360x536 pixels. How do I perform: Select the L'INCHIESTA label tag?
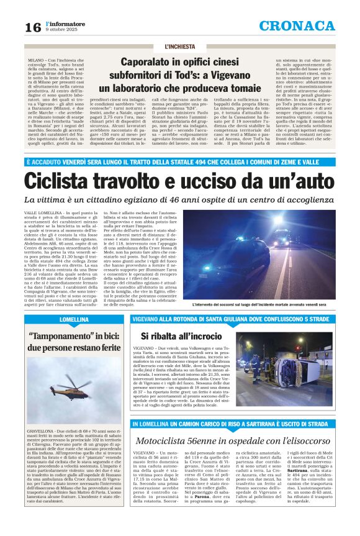tap(179, 47)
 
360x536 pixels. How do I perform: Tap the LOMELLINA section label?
tap(74, 319)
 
